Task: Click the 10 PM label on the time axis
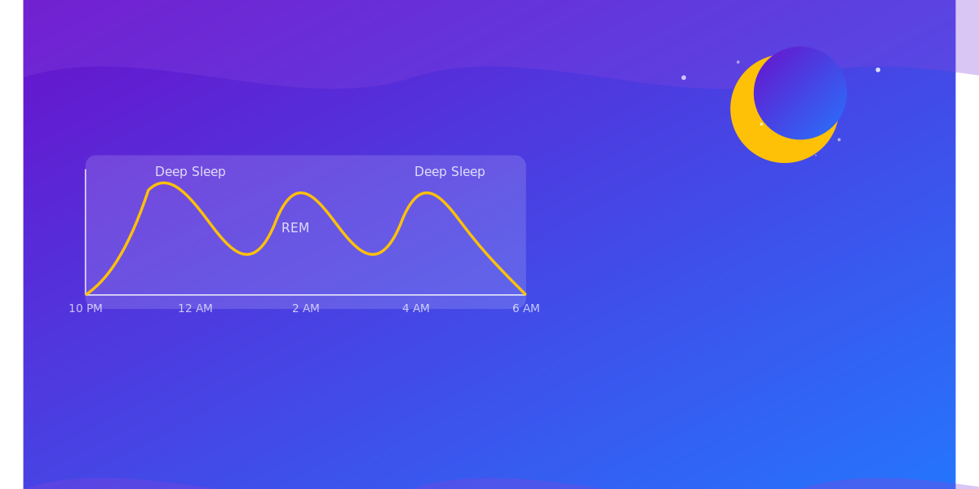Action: pyautogui.click(x=86, y=308)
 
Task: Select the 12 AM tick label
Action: pyautogui.click(x=195, y=308)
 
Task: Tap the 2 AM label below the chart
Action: pyautogui.click(x=306, y=308)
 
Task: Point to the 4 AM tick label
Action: pyautogui.click(x=416, y=308)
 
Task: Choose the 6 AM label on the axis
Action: pyautogui.click(x=526, y=308)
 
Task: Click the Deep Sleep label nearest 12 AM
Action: pyautogui.click(x=190, y=172)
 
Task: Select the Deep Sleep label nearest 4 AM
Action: pyautogui.click(x=450, y=172)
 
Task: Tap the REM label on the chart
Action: pyautogui.click(x=295, y=228)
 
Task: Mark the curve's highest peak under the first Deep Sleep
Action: pyautogui.click(x=164, y=183)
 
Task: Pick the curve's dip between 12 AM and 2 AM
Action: pyautogui.click(x=248, y=254)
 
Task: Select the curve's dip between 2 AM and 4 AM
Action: pyautogui.click(x=373, y=254)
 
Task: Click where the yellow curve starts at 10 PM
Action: pyautogui.click(x=86, y=293)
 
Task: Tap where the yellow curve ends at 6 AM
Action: pyautogui.click(x=525, y=293)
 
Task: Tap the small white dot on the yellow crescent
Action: pyautogui.click(x=761, y=124)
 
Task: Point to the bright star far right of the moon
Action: pyautogui.click(x=878, y=70)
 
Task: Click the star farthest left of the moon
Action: pyautogui.click(x=684, y=77)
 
